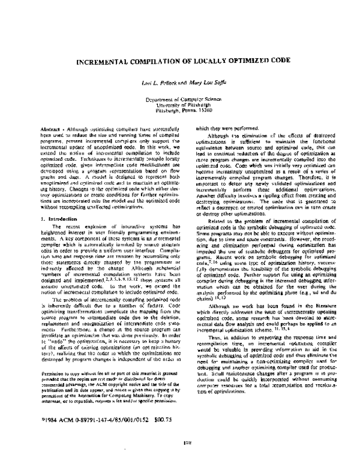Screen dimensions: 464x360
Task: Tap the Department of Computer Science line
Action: point(180,97)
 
